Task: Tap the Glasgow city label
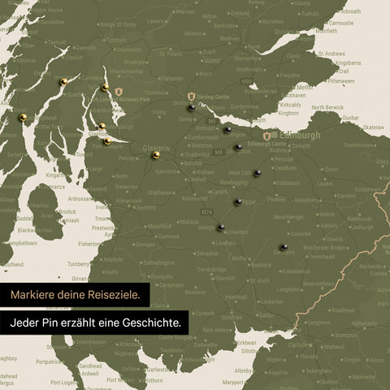[x=155, y=149]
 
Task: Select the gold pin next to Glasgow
[x=155, y=154]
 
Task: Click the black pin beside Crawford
[x=221, y=228]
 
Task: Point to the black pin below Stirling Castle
[x=191, y=106]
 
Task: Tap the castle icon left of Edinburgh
[x=266, y=136]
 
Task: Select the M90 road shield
[x=246, y=81]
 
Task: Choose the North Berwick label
[x=327, y=107]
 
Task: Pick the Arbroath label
[x=351, y=15]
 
